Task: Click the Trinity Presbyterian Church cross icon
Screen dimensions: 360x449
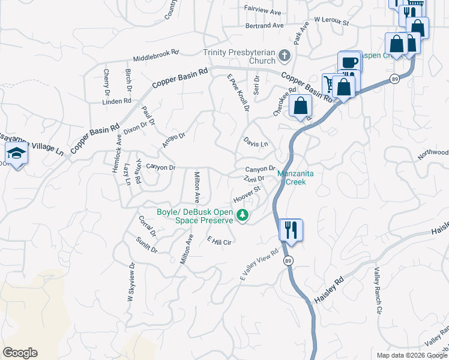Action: point(285,57)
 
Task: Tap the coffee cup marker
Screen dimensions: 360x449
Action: point(349,62)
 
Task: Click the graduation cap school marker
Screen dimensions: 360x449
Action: point(17,154)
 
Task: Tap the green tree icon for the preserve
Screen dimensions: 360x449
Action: point(243,215)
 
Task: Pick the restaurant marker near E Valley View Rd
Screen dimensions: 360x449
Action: point(291,229)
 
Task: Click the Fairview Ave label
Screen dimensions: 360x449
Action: point(262,11)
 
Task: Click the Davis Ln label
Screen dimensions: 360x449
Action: point(255,143)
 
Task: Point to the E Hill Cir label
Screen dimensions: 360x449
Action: point(219,241)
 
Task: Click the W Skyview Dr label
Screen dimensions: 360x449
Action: point(131,285)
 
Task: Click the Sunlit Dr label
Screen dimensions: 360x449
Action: point(146,245)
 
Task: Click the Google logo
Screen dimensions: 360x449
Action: point(20,353)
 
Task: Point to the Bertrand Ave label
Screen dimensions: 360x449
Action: point(264,26)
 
